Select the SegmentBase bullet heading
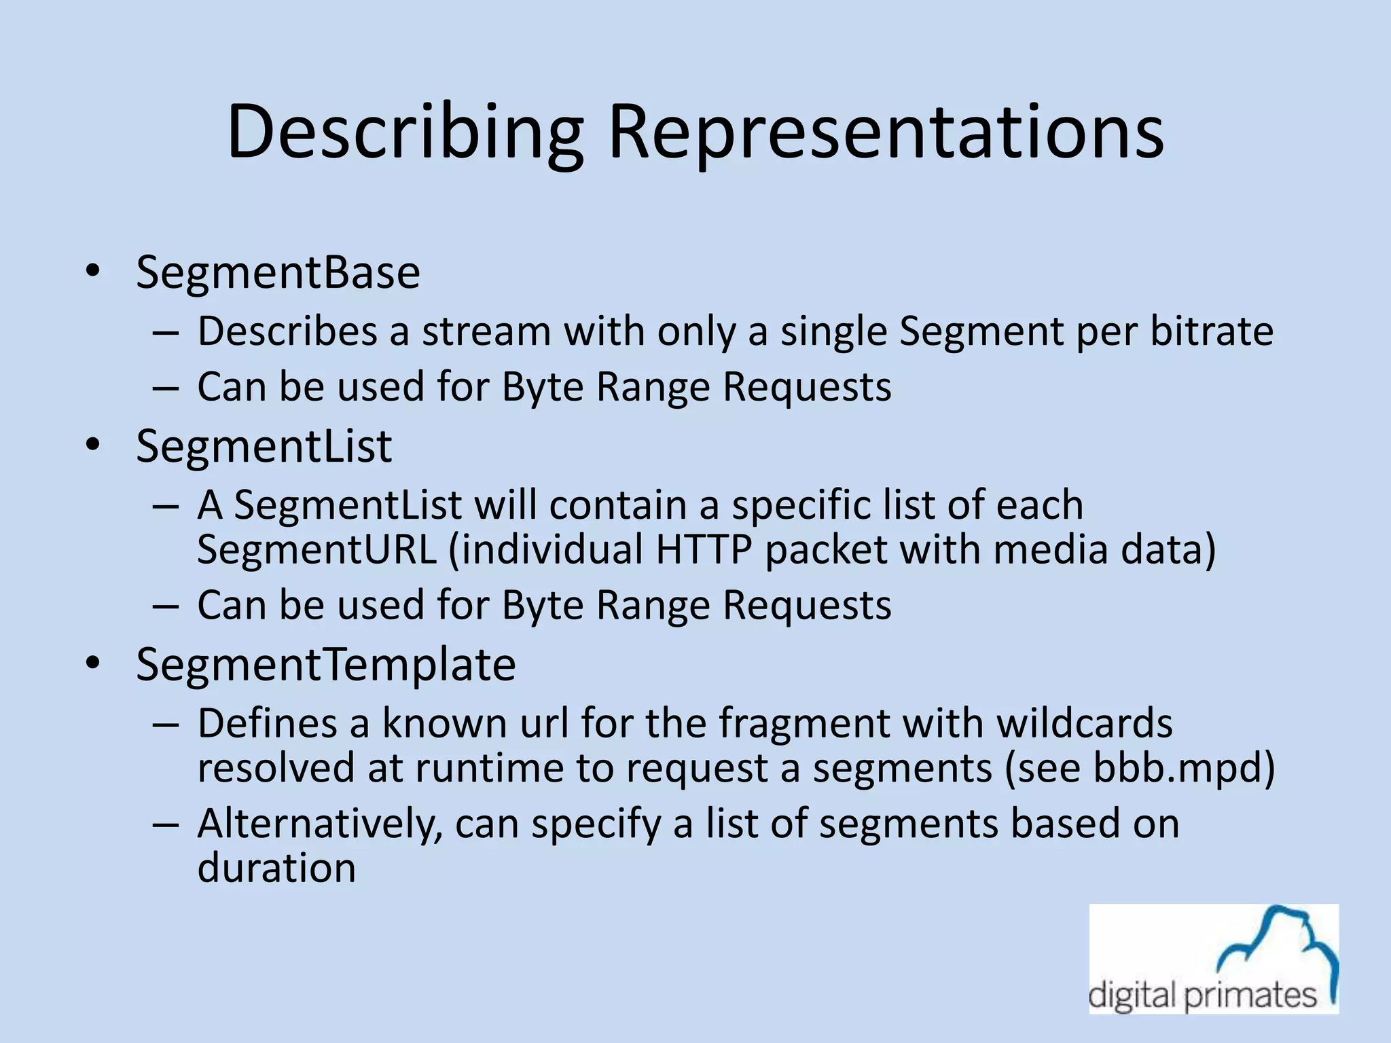pos(278,273)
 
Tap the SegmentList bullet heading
pos(264,447)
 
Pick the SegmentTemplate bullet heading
pos(325,665)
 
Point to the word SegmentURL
pos(317,549)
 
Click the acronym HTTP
pos(704,549)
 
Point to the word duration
pos(276,868)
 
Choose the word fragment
pos(803,723)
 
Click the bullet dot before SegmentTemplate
pos(93,663)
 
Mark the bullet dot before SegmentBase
pos(93,272)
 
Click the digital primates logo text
pos(1202,996)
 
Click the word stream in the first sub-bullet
pos(485,331)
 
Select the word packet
pos(826,549)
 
